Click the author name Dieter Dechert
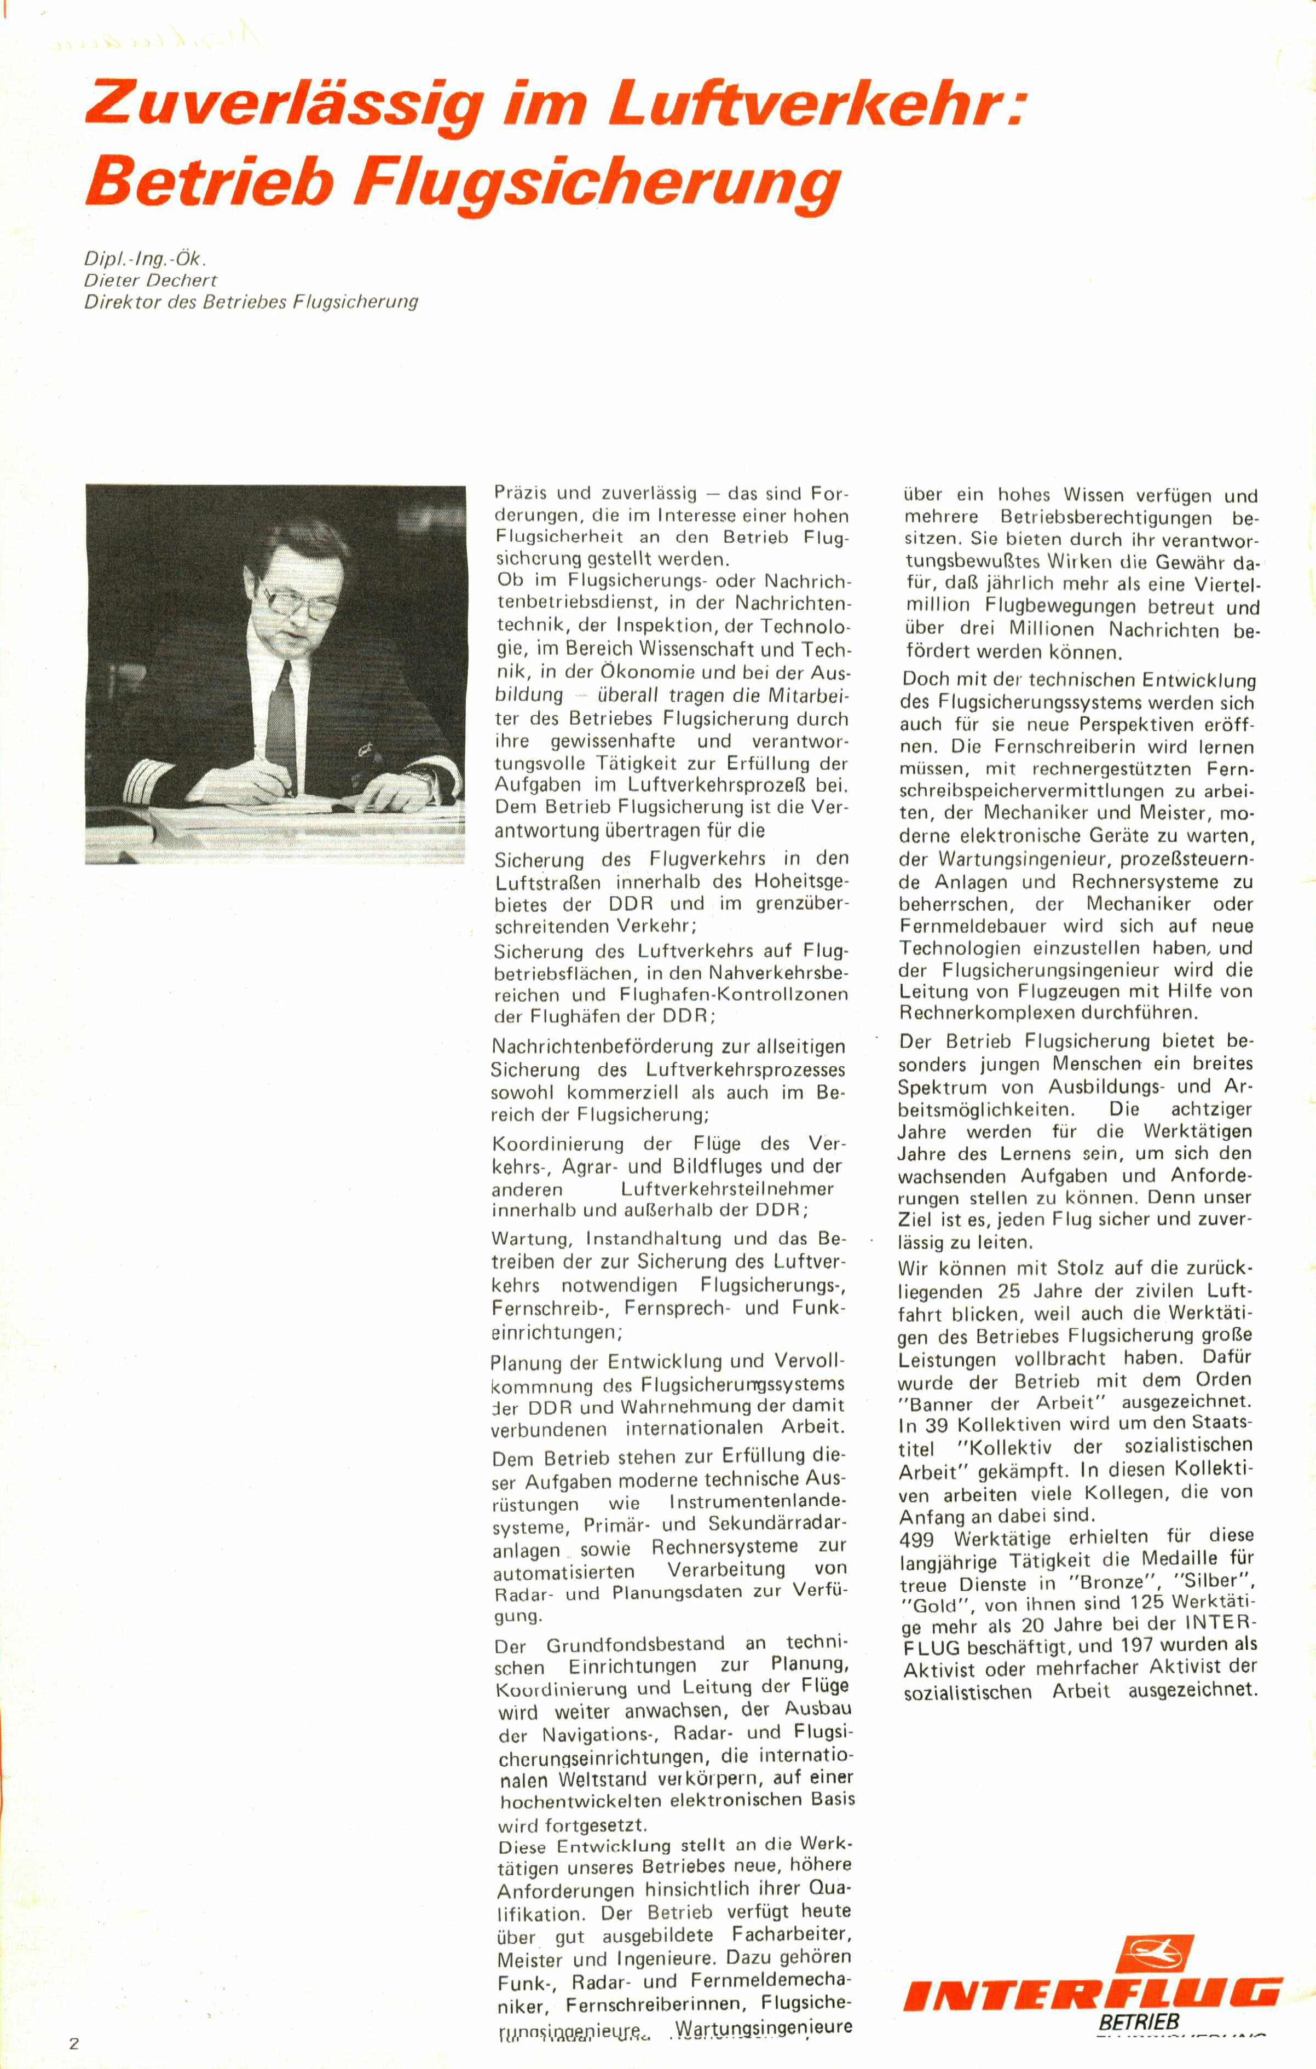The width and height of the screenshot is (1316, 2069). pos(151,280)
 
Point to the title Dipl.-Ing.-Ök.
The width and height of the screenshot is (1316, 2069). pos(145,258)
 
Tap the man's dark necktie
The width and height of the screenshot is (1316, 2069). pos(280,704)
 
